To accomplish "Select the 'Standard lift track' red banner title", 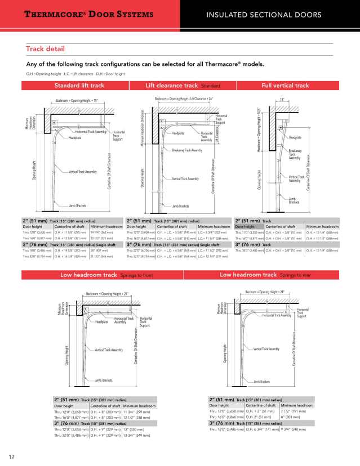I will (79, 86).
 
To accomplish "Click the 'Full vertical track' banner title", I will (285, 86).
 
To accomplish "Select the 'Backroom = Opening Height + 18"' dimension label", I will (77, 101).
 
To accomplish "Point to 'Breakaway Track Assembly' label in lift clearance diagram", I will (187, 151).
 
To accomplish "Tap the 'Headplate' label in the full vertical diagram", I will (295, 137).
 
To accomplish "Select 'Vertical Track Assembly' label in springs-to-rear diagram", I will (266, 349).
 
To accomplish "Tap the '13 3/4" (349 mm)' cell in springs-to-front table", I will (135, 436).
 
